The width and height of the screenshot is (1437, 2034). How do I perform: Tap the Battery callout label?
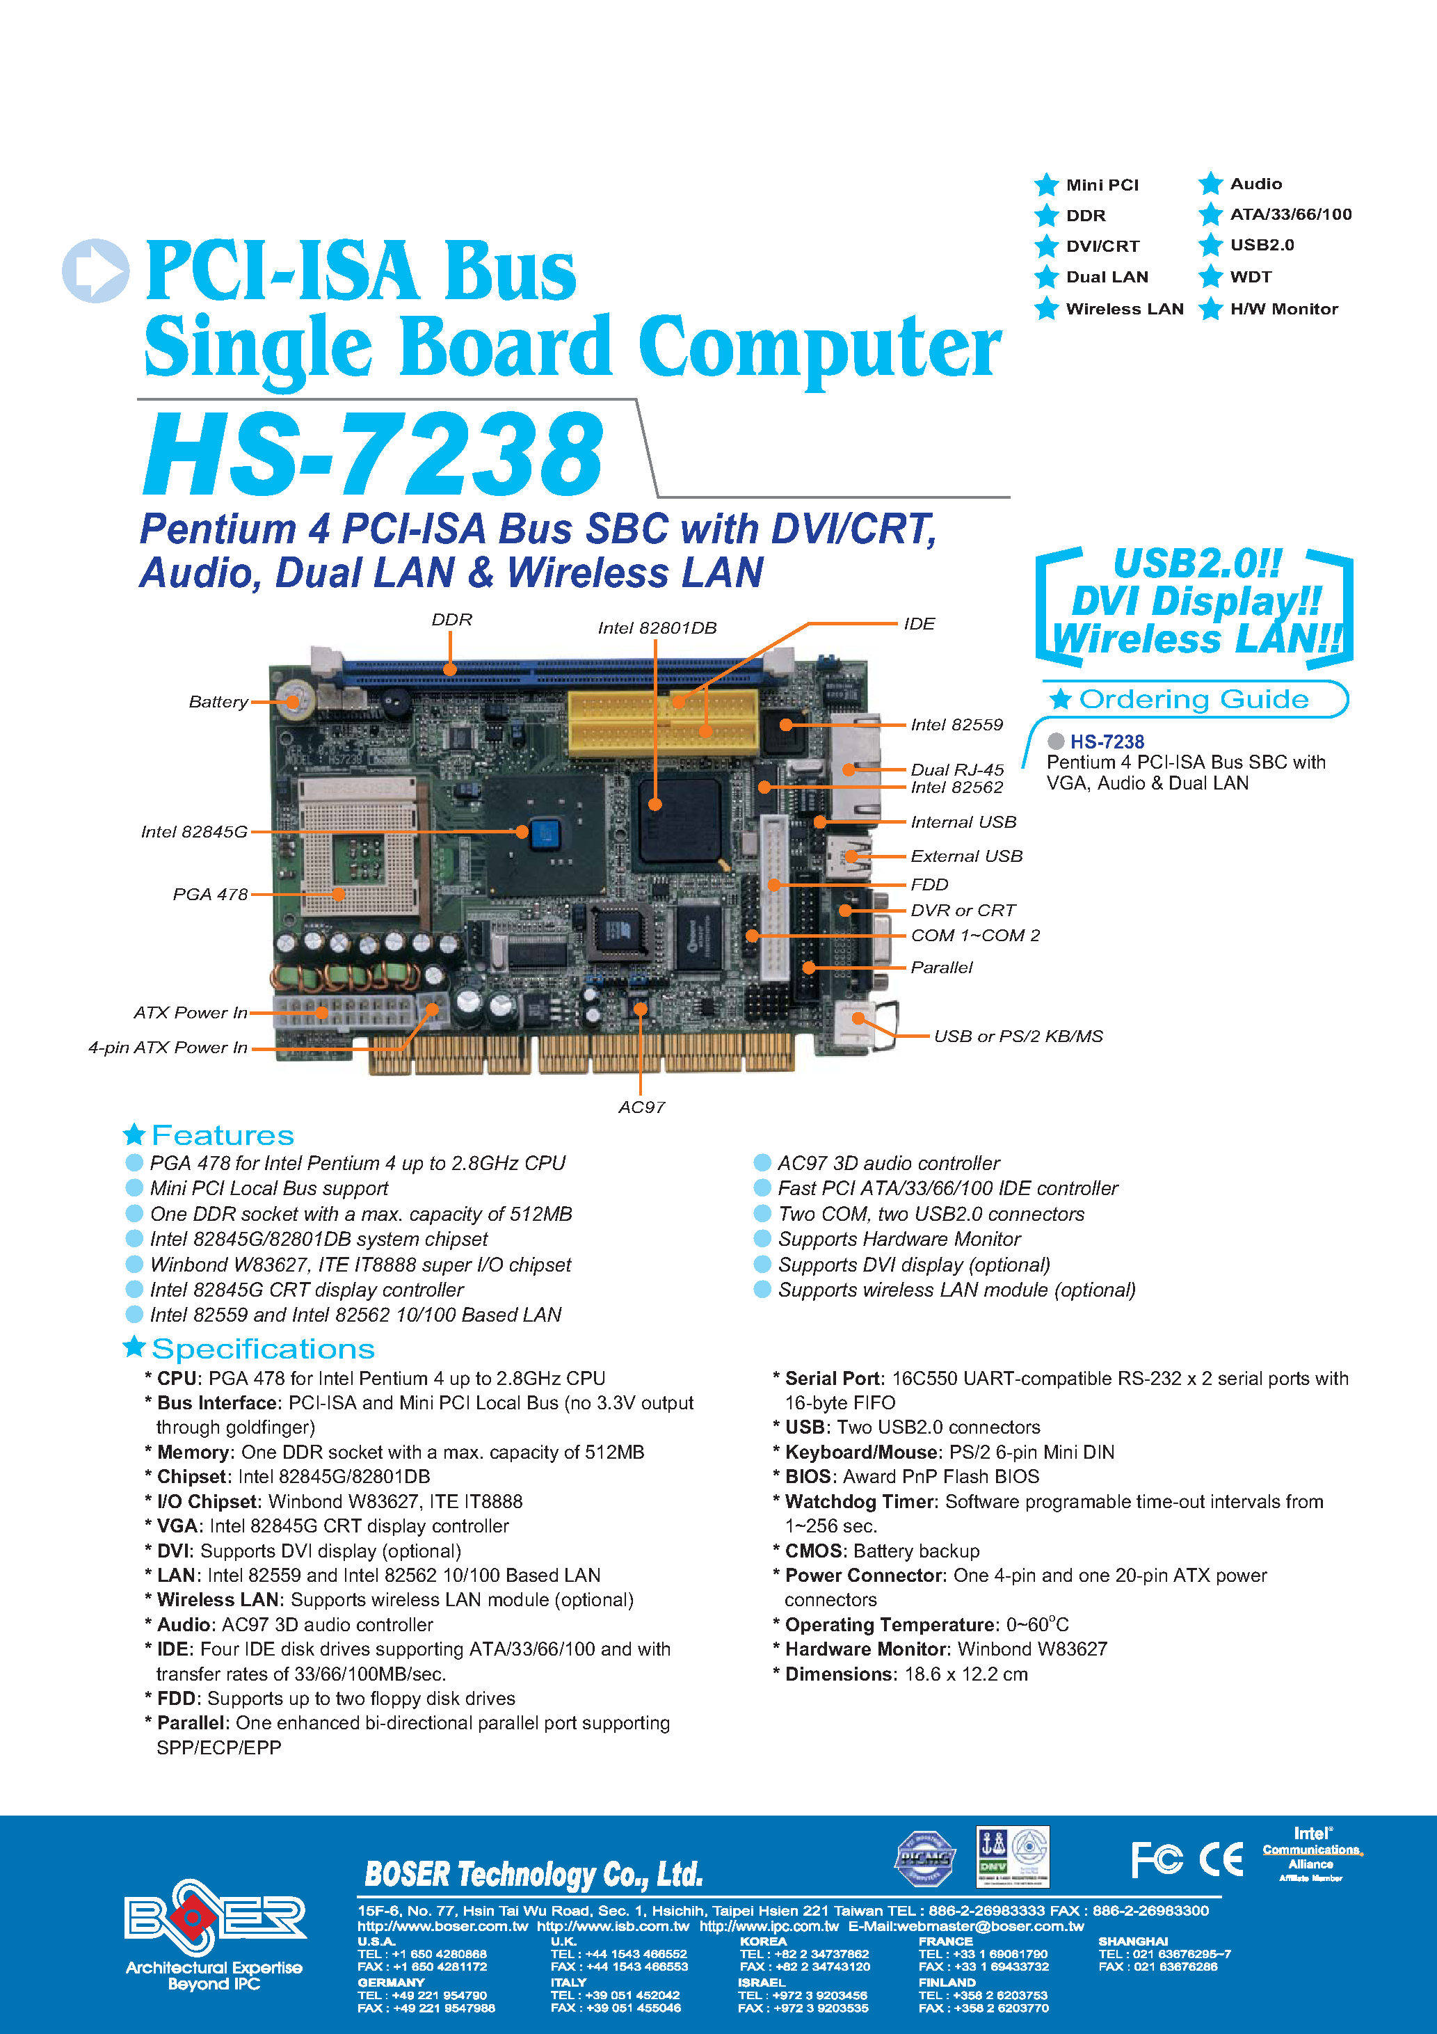click(x=218, y=702)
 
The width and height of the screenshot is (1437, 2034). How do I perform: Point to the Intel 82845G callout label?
click(x=194, y=832)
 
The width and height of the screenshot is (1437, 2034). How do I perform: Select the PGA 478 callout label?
click(x=210, y=895)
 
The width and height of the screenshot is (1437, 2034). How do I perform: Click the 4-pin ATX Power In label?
click(x=168, y=1047)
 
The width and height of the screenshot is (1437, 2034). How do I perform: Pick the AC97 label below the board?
click(x=641, y=1107)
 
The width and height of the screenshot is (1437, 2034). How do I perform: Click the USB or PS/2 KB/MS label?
click(x=1018, y=1036)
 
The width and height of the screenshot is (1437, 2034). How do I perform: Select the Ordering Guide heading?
click(x=1194, y=700)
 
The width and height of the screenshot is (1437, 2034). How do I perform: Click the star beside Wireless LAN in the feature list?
click(x=1046, y=308)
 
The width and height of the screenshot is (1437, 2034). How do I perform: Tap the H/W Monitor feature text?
click(x=1284, y=309)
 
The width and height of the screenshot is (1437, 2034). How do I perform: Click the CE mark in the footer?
click(x=1221, y=1859)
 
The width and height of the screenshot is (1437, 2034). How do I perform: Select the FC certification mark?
click(x=1156, y=1859)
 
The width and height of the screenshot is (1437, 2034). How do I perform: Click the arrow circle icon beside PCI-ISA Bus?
click(x=96, y=270)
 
